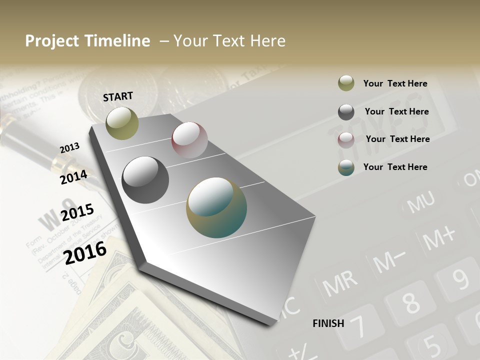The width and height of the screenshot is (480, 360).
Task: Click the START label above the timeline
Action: (x=118, y=96)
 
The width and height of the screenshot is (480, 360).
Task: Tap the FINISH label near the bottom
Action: (x=328, y=323)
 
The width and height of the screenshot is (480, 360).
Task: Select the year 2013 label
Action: (x=69, y=147)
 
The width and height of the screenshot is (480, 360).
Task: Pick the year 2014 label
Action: (x=73, y=177)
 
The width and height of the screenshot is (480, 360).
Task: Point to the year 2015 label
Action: (x=77, y=212)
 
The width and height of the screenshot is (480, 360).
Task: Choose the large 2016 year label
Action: (x=85, y=252)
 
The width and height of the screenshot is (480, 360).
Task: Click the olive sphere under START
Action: (x=122, y=123)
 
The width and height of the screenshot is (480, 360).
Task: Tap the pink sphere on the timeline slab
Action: (x=189, y=140)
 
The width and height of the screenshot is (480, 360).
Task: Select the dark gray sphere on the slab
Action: (x=145, y=180)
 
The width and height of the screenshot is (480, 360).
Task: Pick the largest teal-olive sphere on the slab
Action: (x=216, y=207)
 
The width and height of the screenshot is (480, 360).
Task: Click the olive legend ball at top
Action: (x=346, y=83)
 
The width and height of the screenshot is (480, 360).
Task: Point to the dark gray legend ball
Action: (x=346, y=112)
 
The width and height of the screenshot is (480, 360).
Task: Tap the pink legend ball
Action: (x=346, y=140)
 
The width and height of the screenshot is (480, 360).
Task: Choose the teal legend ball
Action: (x=346, y=168)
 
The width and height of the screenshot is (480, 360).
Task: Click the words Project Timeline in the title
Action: (x=87, y=41)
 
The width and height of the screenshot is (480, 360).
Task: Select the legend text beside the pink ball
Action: (x=397, y=139)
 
